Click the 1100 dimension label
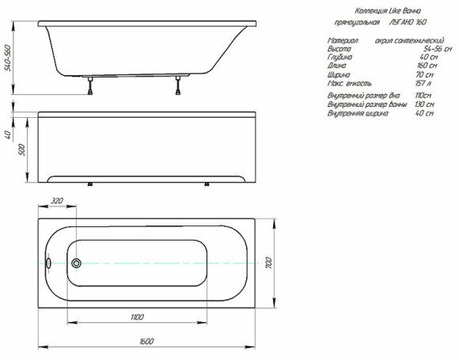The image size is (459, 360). [x=137, y=316]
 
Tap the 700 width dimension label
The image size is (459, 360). [x=268, y=262]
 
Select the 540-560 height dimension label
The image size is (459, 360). [x=7, y=56]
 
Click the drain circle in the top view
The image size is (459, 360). [x=76, y=263]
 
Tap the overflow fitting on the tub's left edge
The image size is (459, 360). [x=48, y=263]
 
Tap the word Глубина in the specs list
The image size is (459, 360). [x=341, y=56]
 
